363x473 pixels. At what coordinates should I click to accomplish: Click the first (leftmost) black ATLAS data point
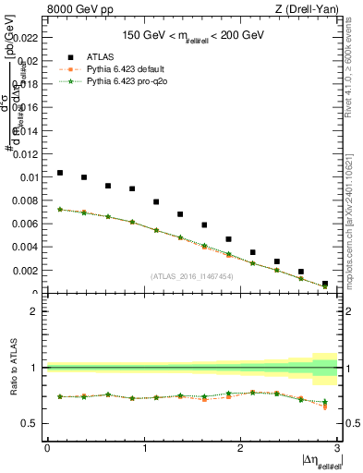click(60, 173)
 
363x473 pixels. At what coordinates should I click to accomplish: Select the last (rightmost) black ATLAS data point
click(325, 284)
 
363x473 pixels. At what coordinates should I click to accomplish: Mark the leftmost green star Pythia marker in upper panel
click(60, 210)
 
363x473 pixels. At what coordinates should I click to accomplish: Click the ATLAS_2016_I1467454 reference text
click(192, 276)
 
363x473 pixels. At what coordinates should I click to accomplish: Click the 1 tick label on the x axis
click(144, 448)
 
